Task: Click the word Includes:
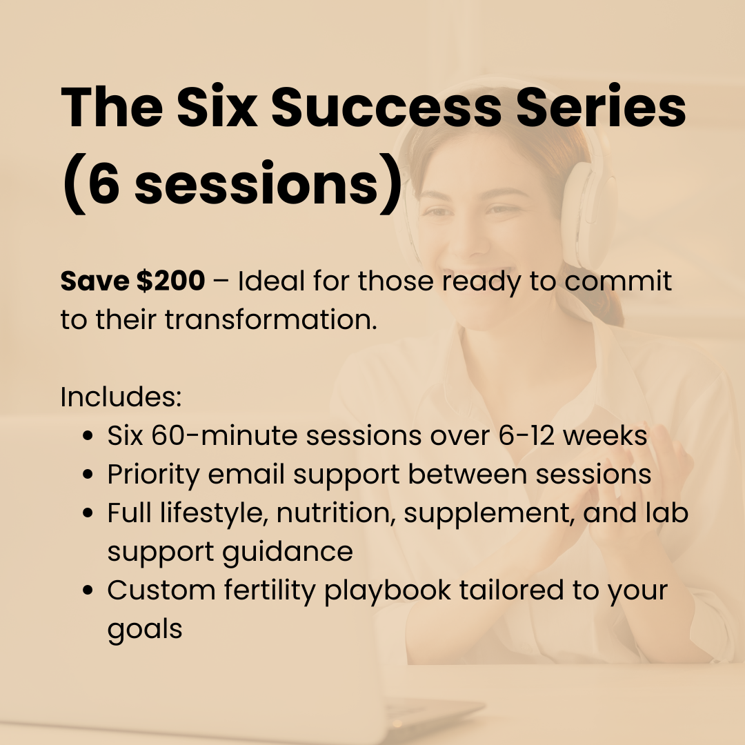coord(121,397)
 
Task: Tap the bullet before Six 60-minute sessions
coord(88,437)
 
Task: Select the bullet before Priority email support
coord(88,475)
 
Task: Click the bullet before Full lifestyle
coord(88,514)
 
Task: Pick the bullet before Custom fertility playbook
coord(88,591)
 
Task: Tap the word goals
coord(145,630)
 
